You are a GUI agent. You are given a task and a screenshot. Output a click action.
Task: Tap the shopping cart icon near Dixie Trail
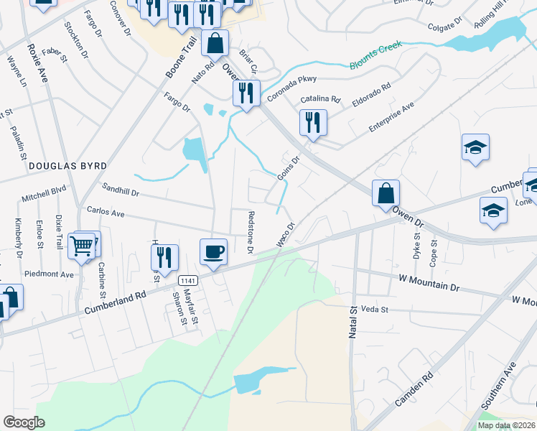pyautogui.click(x=82, y=246)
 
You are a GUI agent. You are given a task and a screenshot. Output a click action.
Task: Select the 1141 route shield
pyautogui.click(x=188, y=280)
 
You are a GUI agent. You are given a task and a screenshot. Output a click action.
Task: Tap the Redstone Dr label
pyautogui.click(x=251, y=232)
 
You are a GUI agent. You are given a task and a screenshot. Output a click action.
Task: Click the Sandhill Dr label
pyautogui.click(x=121, y=190)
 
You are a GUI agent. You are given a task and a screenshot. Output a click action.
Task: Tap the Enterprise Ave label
pyautogui.click(x=392, y=116)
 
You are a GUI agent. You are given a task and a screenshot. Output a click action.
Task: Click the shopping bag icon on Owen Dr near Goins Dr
pyautogui.click(x=386, y=193)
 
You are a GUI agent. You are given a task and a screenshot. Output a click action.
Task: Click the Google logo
pyautogui.click(x=24, y=422)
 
